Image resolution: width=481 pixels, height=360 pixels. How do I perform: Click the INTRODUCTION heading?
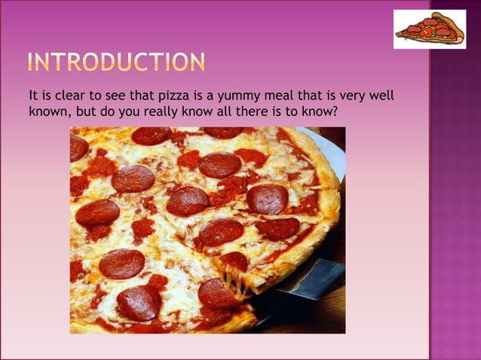pos(116,62)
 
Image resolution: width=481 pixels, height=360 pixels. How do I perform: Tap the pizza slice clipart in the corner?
pos(429,29)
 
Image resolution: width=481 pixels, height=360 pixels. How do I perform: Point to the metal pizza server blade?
pos(309,282)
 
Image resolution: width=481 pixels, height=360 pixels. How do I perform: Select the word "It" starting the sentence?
pos(33,96)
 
